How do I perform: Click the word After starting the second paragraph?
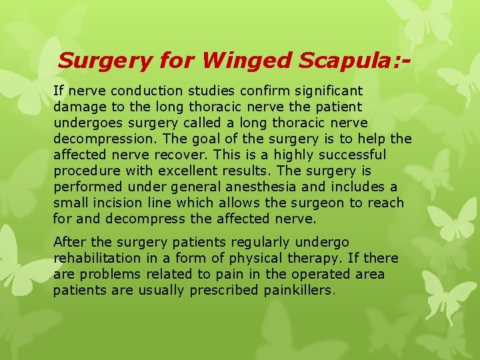pyautogui.click(x=70, y=242)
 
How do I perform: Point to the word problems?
pyautogui.click(x=109, y=274)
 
